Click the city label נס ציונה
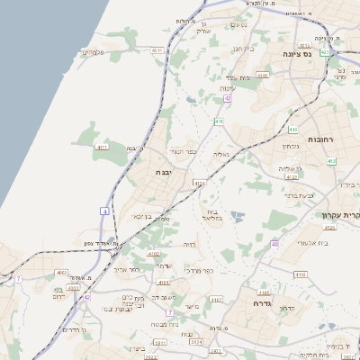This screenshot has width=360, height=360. [x=321, y=55]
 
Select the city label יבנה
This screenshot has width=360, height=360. [x=163, y=171]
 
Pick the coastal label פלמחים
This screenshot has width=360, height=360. [x=94, y=52]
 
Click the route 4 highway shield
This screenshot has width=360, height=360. [x=104, y=211]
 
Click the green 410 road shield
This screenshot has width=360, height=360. [x=219, y=121]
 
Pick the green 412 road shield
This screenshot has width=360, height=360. [x=331, y=161]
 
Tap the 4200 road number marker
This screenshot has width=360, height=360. [x=262, y=76]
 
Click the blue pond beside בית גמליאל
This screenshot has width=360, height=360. [x=237, y=216]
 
